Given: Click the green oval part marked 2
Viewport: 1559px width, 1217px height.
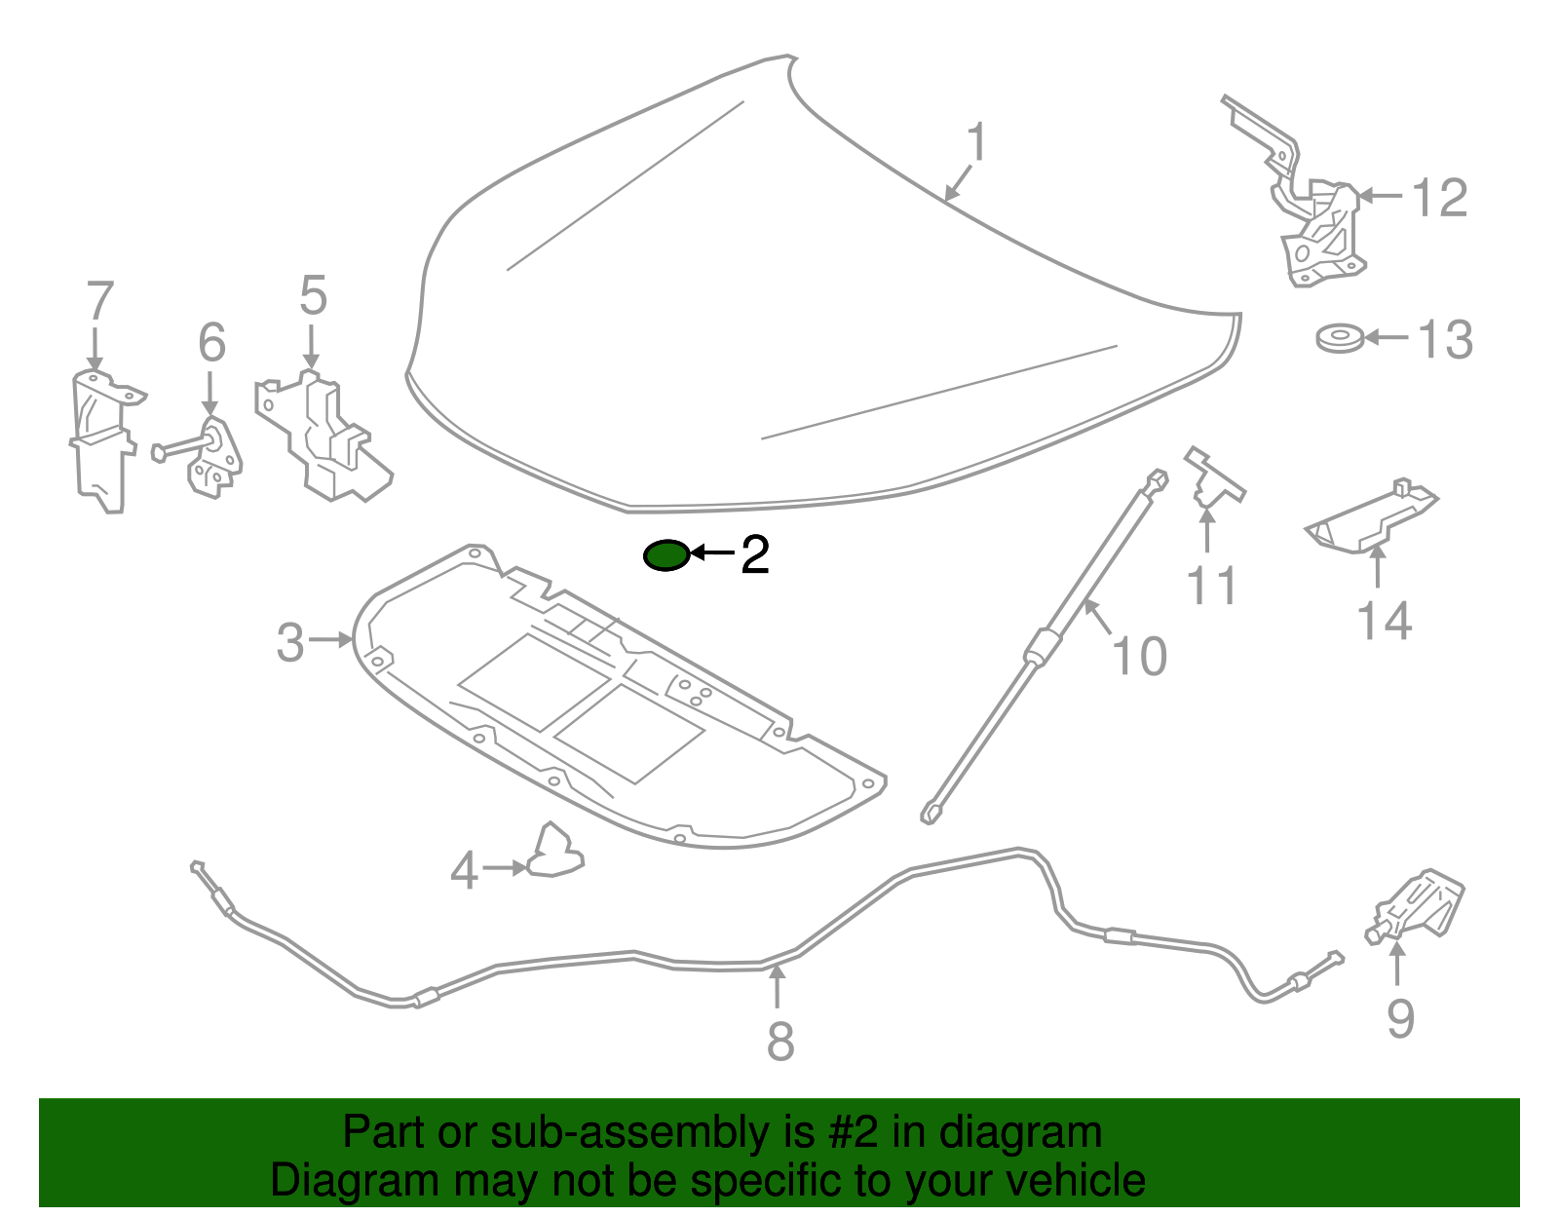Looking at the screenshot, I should tap(666, 555).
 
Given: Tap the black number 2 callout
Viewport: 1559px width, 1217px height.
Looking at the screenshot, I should tap(755, 554).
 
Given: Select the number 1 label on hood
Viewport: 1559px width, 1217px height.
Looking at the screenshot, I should tap(976, 143).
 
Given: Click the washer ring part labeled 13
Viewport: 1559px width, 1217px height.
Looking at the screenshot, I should tap(1338, 339).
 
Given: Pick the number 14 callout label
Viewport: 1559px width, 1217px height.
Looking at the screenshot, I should tap(1384, 621).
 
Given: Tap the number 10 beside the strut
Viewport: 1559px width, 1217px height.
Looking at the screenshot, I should tap(1139, 656).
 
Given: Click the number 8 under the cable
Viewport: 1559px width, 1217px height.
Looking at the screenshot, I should tap(780, 1041).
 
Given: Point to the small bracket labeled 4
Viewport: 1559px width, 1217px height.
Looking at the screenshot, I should tap(555, 851).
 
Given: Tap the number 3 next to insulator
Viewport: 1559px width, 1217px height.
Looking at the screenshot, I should tap(290, 643).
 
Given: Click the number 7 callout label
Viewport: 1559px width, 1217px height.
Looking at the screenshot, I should tap(100, 301).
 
